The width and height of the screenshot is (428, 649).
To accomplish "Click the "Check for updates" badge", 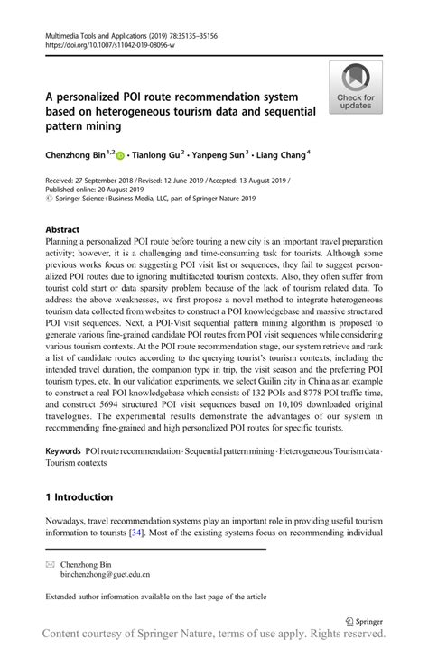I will (x=355, y=88).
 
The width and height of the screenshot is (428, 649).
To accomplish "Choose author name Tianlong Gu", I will (x=163, y=154).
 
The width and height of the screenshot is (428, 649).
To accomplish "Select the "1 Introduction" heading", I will (x=79, y=496).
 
